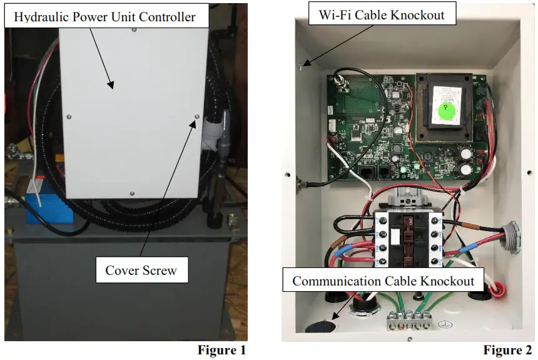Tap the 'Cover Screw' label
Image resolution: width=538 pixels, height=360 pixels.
point(141,270)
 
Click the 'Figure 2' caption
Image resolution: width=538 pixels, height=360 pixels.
point(507,350)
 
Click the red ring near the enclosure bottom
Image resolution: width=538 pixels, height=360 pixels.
point(497,289)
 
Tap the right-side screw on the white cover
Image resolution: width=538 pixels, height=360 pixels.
point(197,116)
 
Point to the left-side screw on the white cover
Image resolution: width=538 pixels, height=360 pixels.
point(68,116)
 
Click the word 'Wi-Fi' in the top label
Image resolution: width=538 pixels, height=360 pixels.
point(335,14)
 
